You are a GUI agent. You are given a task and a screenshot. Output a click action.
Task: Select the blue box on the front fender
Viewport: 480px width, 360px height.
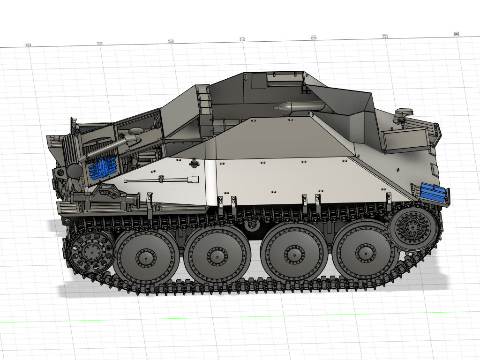tap(432, 192)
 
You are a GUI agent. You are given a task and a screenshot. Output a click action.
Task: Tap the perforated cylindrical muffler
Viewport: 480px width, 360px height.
tap(74, 156)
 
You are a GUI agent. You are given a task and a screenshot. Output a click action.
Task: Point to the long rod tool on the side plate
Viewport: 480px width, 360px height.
tap(162, 180)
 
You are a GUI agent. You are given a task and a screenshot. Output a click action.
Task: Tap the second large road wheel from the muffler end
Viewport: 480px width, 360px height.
tap(216, 255)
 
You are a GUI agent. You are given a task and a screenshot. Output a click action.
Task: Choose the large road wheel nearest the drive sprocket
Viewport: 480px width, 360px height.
tap(364, 252)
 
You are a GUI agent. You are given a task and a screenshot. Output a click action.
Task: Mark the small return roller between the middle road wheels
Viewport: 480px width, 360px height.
tap(252, 225)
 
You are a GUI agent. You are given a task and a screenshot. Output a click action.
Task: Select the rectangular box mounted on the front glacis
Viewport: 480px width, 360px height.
tap(405, 141)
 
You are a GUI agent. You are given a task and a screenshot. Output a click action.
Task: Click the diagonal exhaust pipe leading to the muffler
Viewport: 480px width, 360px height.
tap(105, 150)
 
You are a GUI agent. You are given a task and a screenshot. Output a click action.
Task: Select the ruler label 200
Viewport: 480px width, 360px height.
tap(456, 34)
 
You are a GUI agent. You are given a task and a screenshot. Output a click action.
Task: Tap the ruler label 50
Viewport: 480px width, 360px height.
tap(28, 45)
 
